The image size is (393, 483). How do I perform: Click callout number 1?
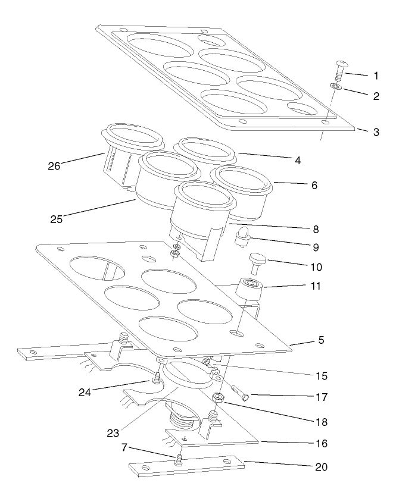click(x=376, y=76)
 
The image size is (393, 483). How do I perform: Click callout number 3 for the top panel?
click(x=376, y=132)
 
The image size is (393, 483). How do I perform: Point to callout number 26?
click(x=54, y=166)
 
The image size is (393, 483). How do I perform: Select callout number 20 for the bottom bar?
click(x=322, y=467)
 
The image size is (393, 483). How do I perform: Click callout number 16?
click(x=322, y=444)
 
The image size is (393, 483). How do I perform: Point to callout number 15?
click(x=322, y=376)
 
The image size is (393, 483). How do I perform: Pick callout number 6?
click(x=314, y=185)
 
